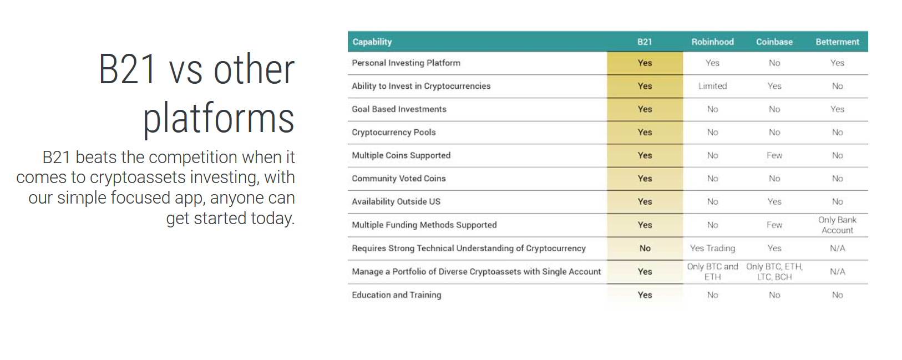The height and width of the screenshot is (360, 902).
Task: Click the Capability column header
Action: pos(372,42)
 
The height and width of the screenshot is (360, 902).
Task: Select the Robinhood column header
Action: pos(712,42)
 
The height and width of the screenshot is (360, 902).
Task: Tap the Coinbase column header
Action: pos(774,42)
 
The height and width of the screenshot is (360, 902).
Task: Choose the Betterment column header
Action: pos(837,42)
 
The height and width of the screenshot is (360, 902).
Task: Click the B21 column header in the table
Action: pos(644,42)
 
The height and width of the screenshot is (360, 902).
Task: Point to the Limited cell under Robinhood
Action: pos(712,86)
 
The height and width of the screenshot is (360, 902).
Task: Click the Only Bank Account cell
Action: pos(837,225)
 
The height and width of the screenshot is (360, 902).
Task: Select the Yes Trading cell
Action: pos(712,248)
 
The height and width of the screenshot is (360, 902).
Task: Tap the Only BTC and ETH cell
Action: pos(712,271)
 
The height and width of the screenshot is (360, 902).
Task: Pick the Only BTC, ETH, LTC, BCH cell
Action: pos(774,271)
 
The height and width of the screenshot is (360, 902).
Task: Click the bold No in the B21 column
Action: pos(645,248)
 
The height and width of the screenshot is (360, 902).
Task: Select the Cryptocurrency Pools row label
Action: pos(393,133)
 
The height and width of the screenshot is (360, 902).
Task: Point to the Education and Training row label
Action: pos(396,295)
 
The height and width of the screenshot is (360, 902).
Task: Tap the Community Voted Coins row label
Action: pos(399,179)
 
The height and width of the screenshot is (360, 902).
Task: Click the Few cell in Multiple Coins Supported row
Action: pos(774,155)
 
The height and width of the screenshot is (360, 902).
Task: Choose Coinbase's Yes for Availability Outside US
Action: pos(774,201)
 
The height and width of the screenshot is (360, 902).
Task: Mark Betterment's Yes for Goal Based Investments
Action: pos(837,109)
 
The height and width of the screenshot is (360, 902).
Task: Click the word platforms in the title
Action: pos(219,118)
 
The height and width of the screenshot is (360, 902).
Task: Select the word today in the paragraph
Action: pos(272,218)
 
